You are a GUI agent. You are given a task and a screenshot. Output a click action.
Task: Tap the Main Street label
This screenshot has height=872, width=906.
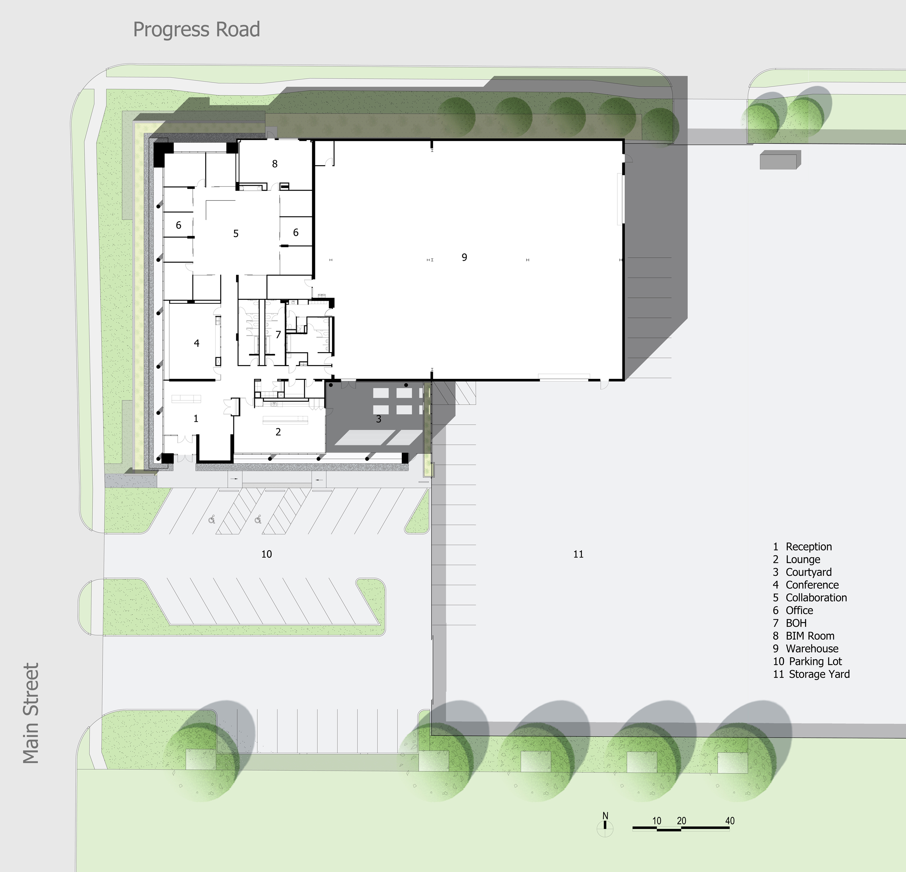(x=31, y=713)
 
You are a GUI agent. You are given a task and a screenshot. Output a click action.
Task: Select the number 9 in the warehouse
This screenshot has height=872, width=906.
(x=465, y=257)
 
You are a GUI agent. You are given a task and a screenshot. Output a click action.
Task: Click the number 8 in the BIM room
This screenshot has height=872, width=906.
(x=275, y=164)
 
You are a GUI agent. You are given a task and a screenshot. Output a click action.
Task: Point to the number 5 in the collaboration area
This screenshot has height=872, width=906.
(x=236, y=234)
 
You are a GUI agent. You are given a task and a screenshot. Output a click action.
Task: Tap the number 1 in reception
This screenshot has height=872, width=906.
(x=196, y=419)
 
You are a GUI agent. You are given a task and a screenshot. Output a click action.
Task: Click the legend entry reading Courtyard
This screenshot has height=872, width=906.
(x=809, y=572)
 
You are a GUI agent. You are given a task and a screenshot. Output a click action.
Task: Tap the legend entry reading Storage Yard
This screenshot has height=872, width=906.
(x=819, y=674)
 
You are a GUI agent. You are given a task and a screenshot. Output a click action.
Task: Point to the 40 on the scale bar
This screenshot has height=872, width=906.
(x=730, y=821)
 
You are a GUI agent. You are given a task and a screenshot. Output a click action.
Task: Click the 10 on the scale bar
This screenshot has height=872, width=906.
(x=657, y=821)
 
